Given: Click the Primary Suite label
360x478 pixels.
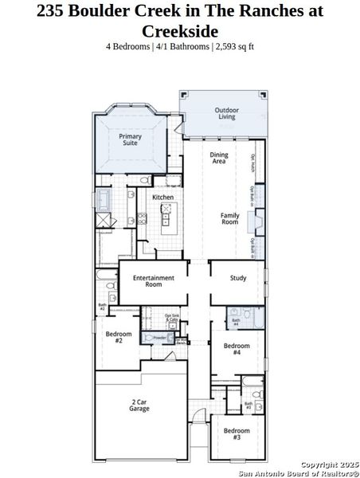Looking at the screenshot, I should click(x=131, y=139).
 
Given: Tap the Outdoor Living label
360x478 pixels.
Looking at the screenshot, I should click(x=227, y=113).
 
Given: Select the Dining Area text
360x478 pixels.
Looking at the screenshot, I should click(x=218, y=158).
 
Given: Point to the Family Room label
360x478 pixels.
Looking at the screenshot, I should click(x=229, y=218).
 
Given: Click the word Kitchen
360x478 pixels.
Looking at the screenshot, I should click(x=162, y=197).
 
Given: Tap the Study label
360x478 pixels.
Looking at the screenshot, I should click(x=237, y=278).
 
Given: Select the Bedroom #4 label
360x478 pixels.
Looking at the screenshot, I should click(x=237, y=348).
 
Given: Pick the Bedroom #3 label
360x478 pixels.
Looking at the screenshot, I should click(x=237, y=434).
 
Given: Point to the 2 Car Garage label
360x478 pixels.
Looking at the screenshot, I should click(x=139, y=406).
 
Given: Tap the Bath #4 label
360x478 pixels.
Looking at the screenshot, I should click(x=235, y=323).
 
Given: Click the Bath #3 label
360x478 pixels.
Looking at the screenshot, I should click(x=248, y=406).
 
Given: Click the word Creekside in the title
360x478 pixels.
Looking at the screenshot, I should click(x=179, y=30).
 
